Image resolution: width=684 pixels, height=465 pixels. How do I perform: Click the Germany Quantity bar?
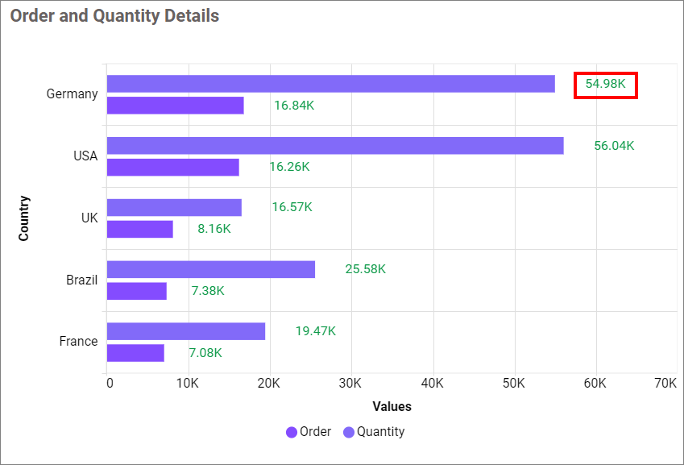330,84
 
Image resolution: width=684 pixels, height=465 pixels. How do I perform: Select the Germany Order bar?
175,106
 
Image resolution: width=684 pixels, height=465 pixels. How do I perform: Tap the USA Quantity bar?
335,146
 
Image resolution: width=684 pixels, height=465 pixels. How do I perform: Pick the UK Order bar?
139,229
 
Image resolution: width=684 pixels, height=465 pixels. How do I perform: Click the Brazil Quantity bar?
210,269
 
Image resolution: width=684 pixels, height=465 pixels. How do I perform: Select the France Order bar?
135,353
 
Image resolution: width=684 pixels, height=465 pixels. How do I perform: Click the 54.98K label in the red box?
606,84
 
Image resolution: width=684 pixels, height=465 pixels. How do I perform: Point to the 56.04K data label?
614,146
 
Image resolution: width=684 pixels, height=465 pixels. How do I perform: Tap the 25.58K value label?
365,269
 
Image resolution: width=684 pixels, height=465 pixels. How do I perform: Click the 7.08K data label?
205,353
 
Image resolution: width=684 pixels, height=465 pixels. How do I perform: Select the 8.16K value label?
214,229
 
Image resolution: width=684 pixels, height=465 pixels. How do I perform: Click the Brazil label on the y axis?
81,280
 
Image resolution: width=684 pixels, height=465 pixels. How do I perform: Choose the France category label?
78,342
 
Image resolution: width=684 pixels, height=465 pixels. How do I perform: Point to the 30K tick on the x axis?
351,384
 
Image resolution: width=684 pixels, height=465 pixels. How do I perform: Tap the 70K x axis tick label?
665,384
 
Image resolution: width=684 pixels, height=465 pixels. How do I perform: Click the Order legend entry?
309,432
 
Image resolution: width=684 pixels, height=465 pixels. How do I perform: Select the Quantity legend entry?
375,432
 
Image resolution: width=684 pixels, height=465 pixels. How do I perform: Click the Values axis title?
392,407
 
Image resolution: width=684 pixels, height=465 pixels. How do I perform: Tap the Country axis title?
24,218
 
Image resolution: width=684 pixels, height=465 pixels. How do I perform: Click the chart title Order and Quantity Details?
114,16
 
